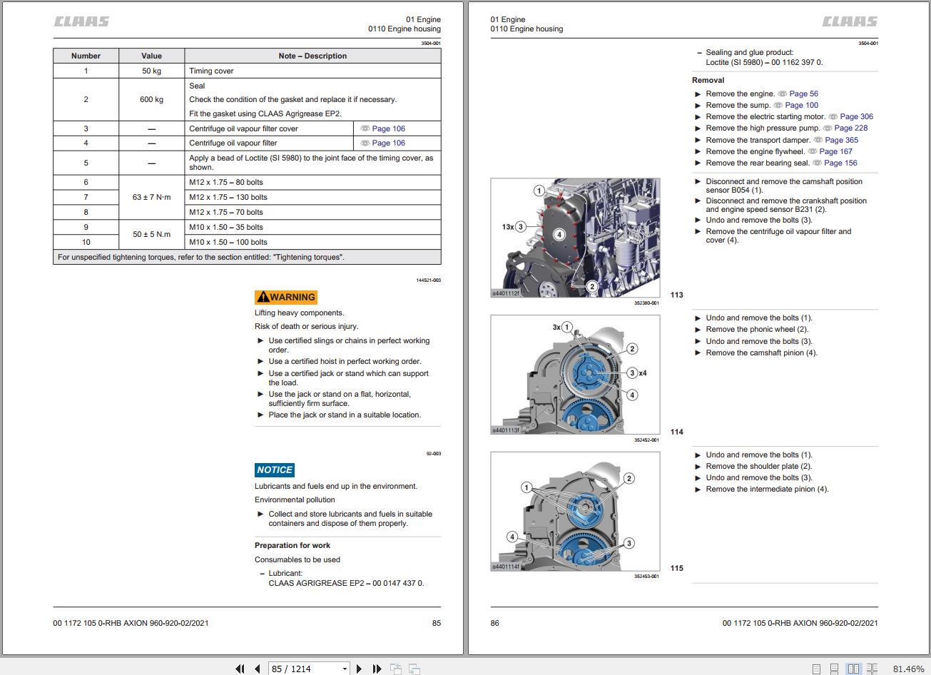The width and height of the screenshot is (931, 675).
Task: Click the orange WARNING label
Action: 285,298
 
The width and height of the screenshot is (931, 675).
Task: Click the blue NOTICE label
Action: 275,470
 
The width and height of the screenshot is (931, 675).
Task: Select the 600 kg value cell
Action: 151,99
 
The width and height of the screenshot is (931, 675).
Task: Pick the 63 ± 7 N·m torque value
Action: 151,197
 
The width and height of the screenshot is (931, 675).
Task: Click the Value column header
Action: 151,56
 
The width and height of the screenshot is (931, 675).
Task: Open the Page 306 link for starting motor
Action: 856,116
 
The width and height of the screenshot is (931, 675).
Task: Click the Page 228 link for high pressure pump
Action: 851,128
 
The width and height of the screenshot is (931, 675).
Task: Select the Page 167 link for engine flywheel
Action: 835,151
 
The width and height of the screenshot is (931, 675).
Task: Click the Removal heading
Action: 708,80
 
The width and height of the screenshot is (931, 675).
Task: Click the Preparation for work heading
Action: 292,545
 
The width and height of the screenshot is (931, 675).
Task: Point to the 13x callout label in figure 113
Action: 508,227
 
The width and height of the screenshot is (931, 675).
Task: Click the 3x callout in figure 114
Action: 556,328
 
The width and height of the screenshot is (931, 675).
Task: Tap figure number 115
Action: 676,569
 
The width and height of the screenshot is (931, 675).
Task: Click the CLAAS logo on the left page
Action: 82,21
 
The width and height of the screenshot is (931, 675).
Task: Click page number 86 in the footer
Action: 495,623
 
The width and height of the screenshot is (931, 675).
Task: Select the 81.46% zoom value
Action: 908,669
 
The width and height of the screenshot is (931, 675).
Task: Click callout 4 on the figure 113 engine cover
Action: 559,234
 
